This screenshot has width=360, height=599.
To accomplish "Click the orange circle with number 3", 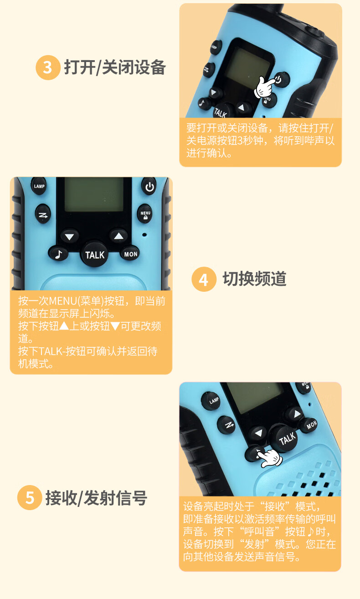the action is tap(48, 67).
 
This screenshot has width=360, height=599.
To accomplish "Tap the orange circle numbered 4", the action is tap(204, 279).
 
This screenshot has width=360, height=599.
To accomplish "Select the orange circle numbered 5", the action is tap(30, 497).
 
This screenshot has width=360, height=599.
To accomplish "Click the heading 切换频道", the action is tap(254, 279).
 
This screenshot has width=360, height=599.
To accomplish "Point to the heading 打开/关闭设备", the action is tap(115, 67).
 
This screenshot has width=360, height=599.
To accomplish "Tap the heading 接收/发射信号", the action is tap(96, 498).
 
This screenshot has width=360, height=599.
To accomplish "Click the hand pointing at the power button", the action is tap(265, 87).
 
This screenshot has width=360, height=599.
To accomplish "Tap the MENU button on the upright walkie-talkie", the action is tap(145, 214).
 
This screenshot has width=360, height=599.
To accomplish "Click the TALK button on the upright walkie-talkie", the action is tap(95, 254).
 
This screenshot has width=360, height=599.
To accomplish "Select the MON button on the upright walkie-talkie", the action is tap(130, 254).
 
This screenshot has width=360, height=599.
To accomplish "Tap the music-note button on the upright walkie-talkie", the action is tap(58, 254).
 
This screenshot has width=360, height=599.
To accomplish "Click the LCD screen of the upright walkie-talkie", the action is tap(94, 195).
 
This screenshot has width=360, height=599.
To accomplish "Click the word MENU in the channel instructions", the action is tap(63, 301).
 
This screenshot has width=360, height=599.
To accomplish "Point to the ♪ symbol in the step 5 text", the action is tap(310, 532).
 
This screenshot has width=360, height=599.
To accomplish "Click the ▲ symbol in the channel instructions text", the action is tap(64, 326).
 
